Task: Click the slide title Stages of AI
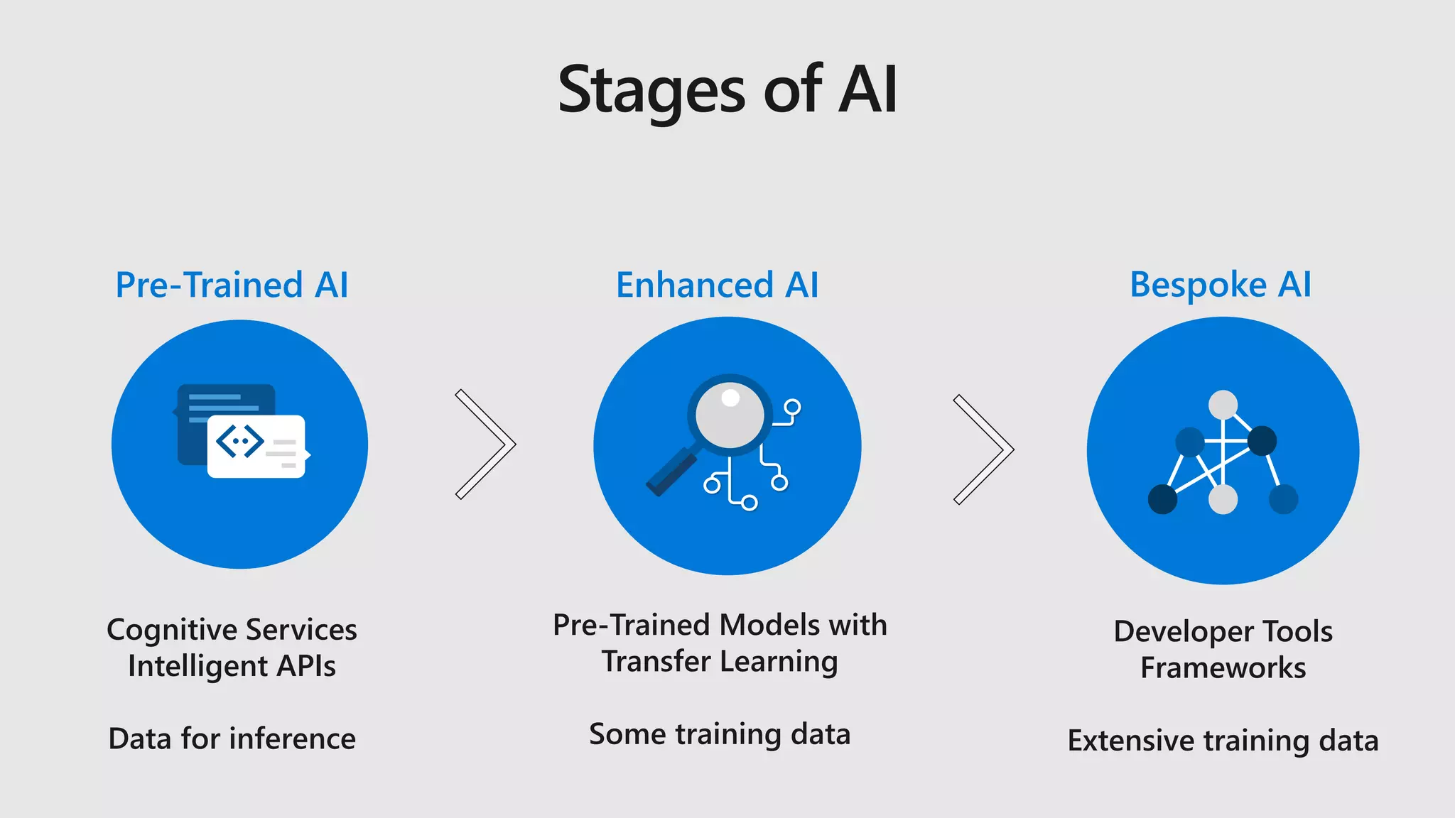(x=727, y=90)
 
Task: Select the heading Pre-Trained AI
(x=232, y=285)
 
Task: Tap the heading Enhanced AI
(x=717, y=285)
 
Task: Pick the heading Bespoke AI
(x=1220, y=285)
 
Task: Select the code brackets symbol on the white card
(x=239, y=442)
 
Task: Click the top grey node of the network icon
(x=1223, y=405)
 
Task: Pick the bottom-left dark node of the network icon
(x=1162, y=499)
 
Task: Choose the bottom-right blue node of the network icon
(x=1283, y=499)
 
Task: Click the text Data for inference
(x=232, y=739)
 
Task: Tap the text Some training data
(x=720, y=734)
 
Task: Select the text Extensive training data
(x=1223, y=741)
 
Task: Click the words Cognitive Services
(x=232, y=630)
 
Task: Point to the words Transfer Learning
(x=720, y=662)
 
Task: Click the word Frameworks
(x=1223, y=668)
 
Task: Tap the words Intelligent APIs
(x=232, y=666)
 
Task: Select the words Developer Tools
(x=1223, y=631)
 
